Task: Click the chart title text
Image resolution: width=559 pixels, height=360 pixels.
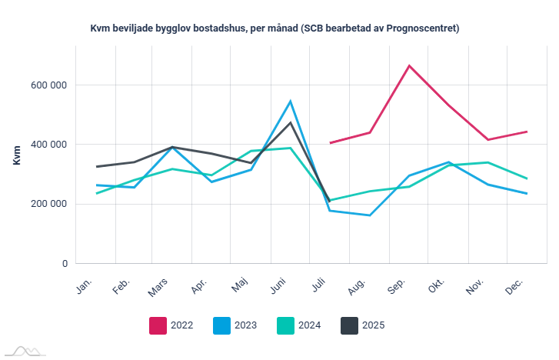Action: click(275, 28)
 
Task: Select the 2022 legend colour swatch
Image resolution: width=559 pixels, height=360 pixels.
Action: click(158, 325)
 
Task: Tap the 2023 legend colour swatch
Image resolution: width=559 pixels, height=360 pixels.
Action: click(221, 325)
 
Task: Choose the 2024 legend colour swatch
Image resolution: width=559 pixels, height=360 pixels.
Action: click(285, 325)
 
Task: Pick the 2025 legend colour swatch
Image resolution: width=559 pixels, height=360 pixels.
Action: click(349, 325)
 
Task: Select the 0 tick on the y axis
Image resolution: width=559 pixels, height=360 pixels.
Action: click(65, 264)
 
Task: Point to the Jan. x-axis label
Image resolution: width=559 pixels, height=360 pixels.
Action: click(85, 285)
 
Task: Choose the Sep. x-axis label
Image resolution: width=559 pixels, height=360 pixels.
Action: click(397, 286)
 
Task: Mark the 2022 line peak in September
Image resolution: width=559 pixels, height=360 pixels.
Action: click(409, 65)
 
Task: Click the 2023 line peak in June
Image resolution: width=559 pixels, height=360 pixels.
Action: click(291, 101)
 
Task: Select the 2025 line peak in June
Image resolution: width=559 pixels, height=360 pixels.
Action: click(291, 122)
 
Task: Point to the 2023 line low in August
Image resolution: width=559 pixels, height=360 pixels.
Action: click(370, 215)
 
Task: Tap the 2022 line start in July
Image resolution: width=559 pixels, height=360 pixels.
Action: click(330, 143)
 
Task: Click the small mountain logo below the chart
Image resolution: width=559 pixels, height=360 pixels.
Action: click(23, 351)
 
